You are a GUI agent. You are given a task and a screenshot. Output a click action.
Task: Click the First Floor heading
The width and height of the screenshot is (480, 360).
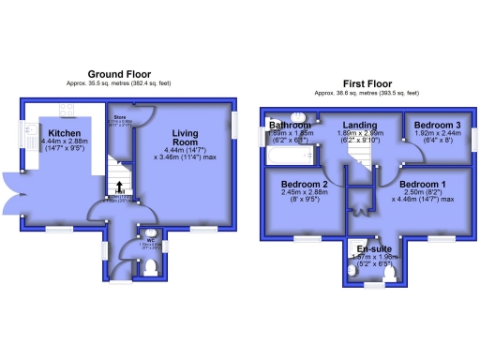click(367, 83)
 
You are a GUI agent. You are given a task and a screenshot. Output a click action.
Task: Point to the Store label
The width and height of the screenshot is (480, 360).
click(120, 117)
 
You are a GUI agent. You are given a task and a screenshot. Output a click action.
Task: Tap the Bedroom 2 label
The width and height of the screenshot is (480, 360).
click(305, 185)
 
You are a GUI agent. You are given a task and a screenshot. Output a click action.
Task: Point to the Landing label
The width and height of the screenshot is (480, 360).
click(359, 125)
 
